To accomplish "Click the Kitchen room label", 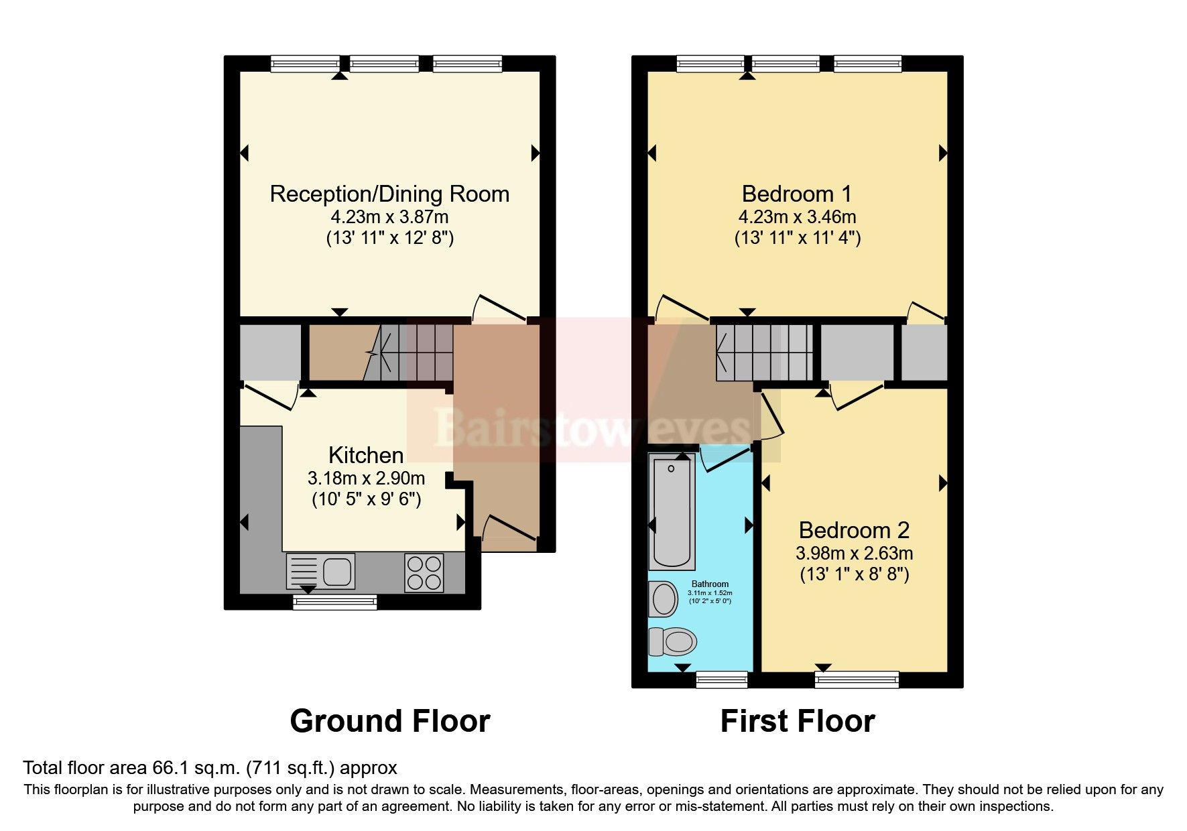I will tap(366, 456).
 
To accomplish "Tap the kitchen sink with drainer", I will tap(320, 571).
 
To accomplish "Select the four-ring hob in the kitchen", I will tap(424, 572).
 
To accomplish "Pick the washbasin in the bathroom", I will tap(664, 598).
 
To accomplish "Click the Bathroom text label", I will tap(710, 584).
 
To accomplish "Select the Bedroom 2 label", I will tap(854, 531).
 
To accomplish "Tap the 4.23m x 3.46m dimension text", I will tap(797, 217).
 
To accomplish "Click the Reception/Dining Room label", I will tap(389, 194).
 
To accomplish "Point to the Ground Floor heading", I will tap(389, 722).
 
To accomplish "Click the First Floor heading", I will tap(797, 722).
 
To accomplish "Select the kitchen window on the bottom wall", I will tap(335, 602).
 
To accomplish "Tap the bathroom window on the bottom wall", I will tap(722, 680).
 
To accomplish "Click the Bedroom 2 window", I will tap(856, 680).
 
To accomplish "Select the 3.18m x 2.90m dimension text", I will tap(366, 478).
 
